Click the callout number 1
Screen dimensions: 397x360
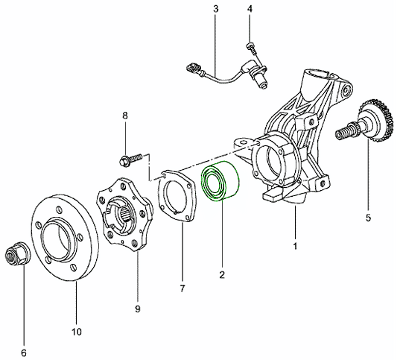pyautogui.click(x=295, y=246)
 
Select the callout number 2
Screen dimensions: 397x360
pyautogui.click(x=222, y=274)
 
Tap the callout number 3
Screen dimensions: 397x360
pyautogui.click(x=215, y=9)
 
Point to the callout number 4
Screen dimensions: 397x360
pyautogui.click(x=250, y=9)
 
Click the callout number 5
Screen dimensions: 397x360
pyautogui.click(x=368, y=218)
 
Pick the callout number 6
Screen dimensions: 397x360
pyautogui.click(x=24, y=353)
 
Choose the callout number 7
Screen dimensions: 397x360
pyautogui.click(x=182, y=288)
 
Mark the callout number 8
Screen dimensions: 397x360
pyautogui.click(x=125, y=116)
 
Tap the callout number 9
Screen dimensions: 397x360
pyautogui.click(x=138, y=309)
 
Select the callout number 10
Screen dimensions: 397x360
pyautogui.click(x=77, y=332)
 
